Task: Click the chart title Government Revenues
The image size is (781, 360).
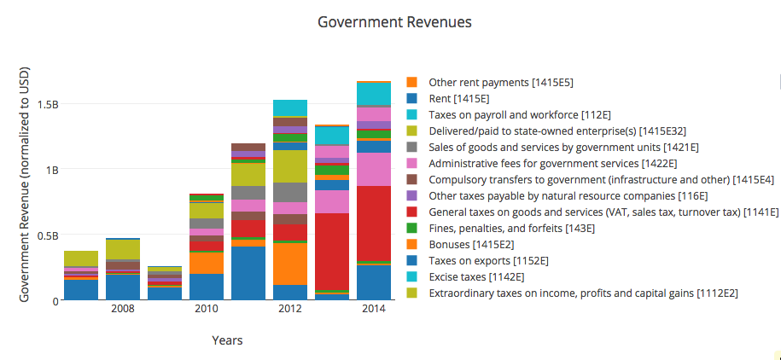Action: (393, 21)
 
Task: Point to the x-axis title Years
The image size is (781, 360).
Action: (227, 340)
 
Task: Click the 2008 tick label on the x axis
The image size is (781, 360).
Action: (123, 309)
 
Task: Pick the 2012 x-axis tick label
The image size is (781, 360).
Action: (290, 309)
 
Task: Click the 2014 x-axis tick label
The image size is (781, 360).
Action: (374, 309)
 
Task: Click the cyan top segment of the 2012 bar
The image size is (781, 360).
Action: (290, 107)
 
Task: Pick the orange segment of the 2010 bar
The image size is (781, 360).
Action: (207, 263)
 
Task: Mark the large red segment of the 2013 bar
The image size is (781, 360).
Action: (332, 251)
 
